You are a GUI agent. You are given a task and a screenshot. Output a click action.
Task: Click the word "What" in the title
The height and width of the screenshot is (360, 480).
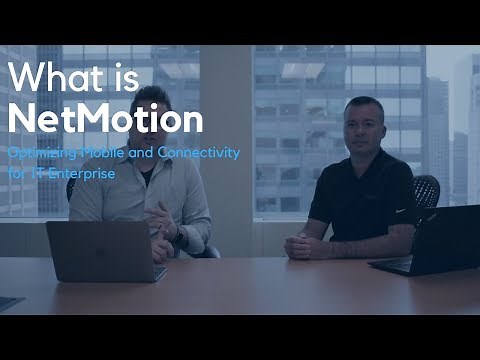coord(52,78)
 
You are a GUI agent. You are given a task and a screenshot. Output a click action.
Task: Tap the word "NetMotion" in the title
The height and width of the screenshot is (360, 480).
coord(105,119)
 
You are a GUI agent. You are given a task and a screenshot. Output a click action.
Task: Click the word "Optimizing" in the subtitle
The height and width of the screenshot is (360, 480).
coord(39,154)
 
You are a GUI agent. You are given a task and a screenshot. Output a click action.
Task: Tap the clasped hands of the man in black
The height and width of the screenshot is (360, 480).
coord(305,246)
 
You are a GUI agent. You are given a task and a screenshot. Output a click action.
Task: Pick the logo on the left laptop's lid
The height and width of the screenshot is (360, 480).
coord(105,250)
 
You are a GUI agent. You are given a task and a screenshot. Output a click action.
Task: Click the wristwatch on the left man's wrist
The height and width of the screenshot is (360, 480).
coord(178,236)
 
